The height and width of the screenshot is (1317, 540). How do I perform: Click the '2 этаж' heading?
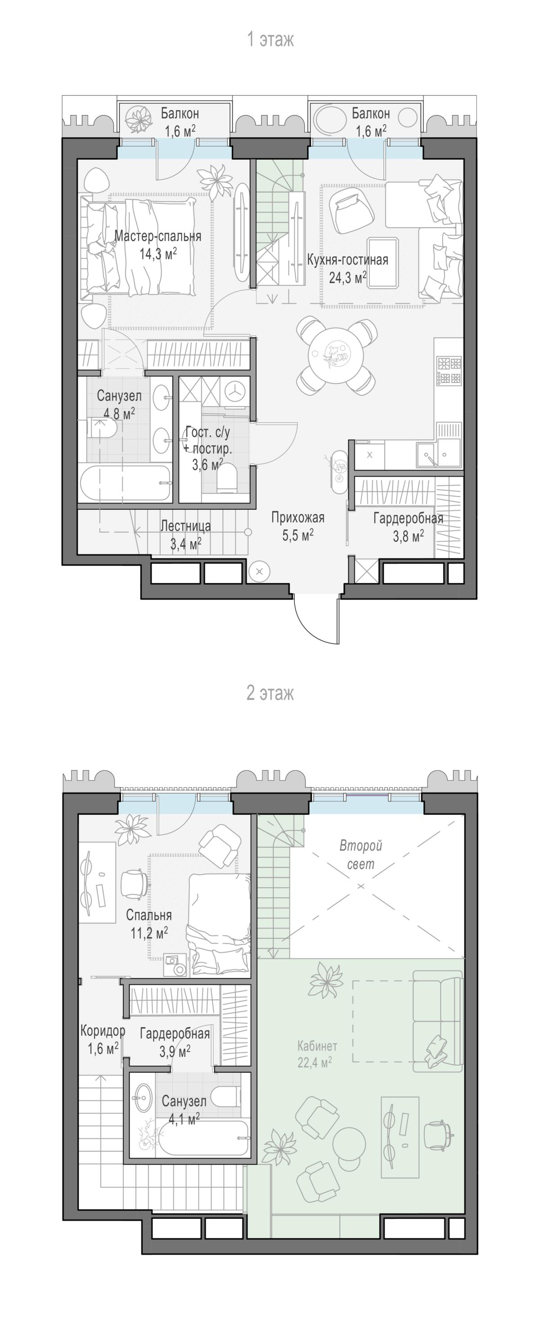point(270,693)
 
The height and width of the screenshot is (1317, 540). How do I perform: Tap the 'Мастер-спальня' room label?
point(157,236)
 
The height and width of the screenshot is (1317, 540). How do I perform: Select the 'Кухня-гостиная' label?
point(347,260)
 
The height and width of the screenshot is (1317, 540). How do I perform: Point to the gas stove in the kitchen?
point(449,371)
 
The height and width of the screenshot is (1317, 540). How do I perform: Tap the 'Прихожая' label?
point(297,518)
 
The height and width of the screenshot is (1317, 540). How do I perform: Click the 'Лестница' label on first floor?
point(185,526)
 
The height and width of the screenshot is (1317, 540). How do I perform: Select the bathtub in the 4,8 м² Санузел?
point(125,484)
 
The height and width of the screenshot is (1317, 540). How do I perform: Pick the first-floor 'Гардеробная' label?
point(408,518)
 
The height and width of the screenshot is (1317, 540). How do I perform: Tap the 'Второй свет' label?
point(361,855)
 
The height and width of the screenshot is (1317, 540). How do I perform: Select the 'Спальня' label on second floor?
point(149,915)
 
